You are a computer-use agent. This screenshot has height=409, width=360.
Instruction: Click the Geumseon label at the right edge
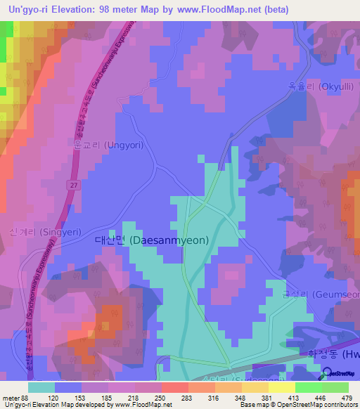point(328,294)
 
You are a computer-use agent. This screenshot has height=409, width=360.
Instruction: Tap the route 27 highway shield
point(73,183)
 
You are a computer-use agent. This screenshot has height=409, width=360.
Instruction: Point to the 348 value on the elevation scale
point(240,397)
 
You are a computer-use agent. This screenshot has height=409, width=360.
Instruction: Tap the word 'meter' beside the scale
point(11,397)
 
